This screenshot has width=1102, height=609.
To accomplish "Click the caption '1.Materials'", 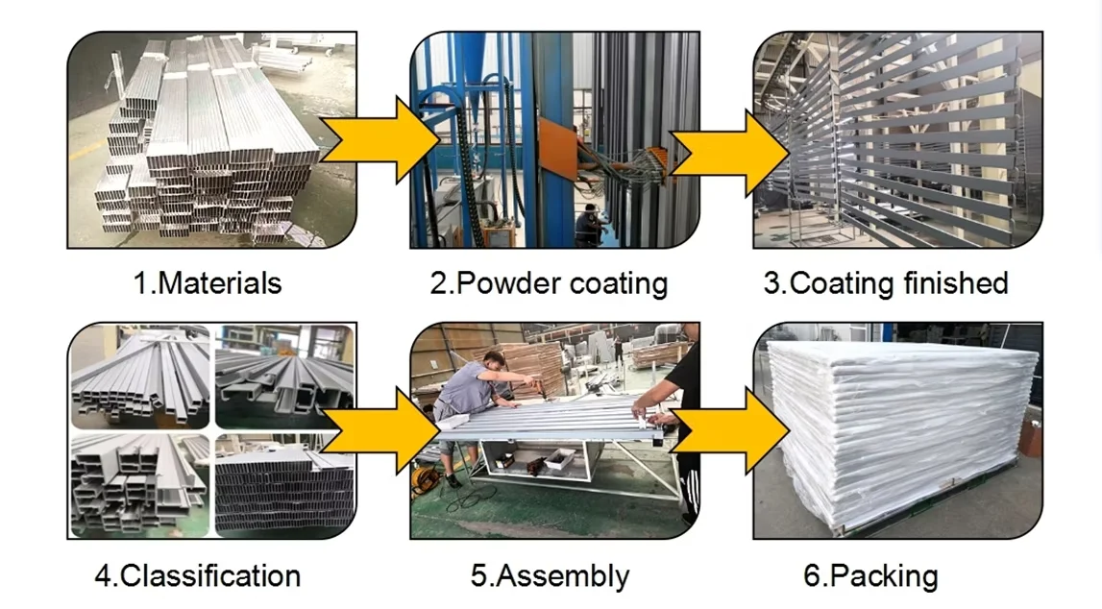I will [208, 283].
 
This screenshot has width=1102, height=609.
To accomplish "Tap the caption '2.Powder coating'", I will [549, 283].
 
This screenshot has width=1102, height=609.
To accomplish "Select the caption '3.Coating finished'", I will [886, 283].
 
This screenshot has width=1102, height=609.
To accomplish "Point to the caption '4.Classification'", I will [197, 575].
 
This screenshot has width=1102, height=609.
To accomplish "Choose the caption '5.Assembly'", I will [550, 575].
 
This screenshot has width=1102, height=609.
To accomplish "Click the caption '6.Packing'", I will [870, 575].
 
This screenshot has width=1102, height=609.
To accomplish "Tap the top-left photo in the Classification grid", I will [139, 377].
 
